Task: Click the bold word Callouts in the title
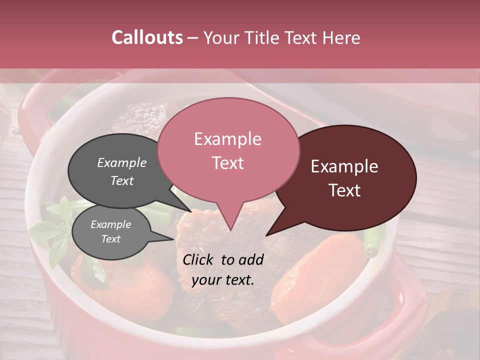point(147,37)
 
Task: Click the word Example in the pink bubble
point(227,139)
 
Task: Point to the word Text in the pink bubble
point(227,162)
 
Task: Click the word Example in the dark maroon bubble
point(344,166)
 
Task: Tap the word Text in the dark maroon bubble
point(344,190)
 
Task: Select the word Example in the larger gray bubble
point(121,162)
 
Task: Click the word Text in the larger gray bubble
point(121,180)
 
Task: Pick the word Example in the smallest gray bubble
point(110,224)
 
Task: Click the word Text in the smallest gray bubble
point(110,239)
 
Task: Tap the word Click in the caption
point(200,259)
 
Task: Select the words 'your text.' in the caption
point(223,280)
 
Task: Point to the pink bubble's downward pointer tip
point(230,230)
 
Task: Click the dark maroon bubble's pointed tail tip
point(266,235)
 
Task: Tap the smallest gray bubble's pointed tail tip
point(174,239)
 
